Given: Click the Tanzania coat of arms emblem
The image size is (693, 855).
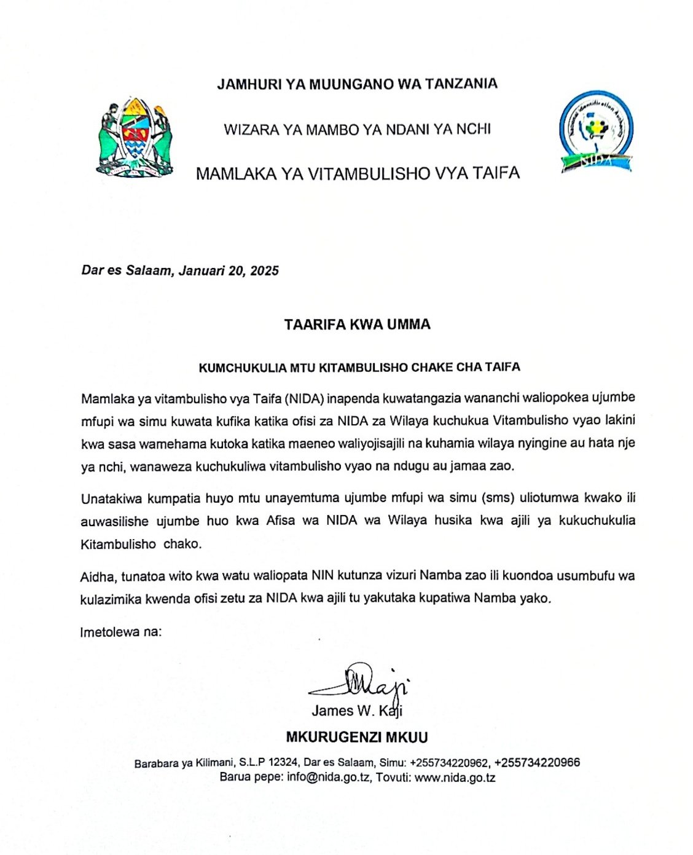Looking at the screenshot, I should pos(135,138).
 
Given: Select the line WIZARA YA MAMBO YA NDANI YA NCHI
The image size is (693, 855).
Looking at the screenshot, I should pos(357,130).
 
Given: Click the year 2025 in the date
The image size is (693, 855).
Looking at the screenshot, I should pos(264,270).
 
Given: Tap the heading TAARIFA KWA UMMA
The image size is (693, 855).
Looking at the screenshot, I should pos(357,325).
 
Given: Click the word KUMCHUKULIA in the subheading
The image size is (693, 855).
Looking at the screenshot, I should pos(235,368).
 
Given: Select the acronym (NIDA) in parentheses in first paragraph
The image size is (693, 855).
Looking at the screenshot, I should pos(304,398).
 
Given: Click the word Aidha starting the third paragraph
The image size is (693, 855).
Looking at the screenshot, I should pos(97,577).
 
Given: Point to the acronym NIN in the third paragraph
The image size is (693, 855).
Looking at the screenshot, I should pos(323,576).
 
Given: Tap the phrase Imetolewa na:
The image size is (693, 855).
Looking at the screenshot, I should pos(121,631).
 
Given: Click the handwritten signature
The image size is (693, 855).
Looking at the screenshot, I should pos(362,681).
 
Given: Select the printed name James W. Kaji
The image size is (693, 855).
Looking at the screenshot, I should pos(356,711).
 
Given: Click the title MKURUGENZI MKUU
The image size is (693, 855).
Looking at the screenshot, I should pos(357,737).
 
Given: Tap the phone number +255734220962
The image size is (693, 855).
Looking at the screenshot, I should pos(449,763).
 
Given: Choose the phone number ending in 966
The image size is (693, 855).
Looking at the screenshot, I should pos(536,763).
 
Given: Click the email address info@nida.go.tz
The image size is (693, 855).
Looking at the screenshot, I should pos(329,777).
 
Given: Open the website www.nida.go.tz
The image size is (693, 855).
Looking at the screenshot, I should pos(455,777).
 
